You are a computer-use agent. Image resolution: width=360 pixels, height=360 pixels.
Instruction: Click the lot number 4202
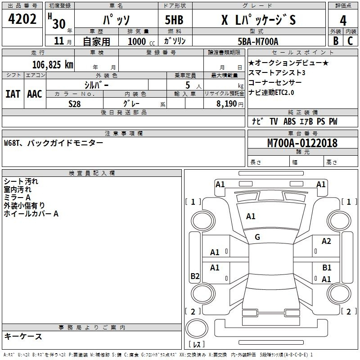22,19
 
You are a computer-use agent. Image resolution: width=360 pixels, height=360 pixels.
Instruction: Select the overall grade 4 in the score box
343,21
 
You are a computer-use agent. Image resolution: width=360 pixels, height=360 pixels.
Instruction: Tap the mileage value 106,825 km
53,65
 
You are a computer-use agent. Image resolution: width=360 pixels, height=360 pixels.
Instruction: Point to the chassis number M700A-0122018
302,143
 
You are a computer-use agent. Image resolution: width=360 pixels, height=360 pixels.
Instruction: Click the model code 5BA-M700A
258,41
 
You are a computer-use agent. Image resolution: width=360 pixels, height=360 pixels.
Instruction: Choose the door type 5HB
174,20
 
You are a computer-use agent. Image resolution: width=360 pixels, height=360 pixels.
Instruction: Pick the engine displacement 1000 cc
141,41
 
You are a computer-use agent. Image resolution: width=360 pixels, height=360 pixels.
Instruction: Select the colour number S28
75,104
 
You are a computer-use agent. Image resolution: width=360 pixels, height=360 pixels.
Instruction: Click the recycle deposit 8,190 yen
230,104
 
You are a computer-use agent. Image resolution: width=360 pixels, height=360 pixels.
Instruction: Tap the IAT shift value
13,94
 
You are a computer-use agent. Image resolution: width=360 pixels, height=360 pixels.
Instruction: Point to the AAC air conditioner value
35,94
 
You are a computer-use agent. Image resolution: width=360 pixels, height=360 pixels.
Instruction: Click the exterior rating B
336,41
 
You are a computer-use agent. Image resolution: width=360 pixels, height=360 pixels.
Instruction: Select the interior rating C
350,41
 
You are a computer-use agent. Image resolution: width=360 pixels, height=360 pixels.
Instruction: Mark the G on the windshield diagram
257,237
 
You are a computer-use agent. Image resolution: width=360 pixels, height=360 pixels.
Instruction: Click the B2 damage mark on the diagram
195,276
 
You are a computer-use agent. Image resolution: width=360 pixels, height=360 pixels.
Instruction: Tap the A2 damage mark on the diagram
326,241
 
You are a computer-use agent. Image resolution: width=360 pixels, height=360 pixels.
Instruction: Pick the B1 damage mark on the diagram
327,267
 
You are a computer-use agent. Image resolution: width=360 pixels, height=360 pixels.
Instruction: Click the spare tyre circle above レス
197,328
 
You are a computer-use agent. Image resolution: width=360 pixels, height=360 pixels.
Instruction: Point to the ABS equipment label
289,121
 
